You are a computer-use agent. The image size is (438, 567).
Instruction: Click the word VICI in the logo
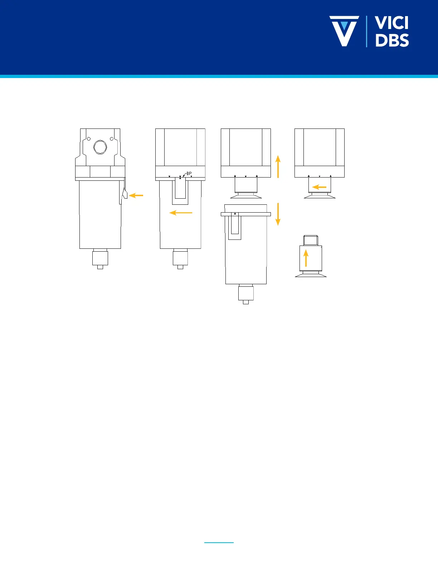(x=392, y=23)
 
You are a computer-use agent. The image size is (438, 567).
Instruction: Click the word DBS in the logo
(x=392, y=40)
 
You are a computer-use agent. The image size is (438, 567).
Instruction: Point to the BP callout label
(x=189, y=174)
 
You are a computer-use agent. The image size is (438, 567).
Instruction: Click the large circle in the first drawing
(x=100, y=147)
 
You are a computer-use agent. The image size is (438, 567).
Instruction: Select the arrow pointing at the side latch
(x=136, y=195)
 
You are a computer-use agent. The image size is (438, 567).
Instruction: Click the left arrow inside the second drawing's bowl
(x=181, y=213)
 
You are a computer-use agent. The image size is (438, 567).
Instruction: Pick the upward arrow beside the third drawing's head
(x=278, y=166)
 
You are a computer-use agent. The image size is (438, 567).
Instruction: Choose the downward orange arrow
(x=278, y=214)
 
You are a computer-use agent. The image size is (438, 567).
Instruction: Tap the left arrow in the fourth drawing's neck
(x=319, y=187)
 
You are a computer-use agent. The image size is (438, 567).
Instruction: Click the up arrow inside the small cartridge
(x=306, y=258)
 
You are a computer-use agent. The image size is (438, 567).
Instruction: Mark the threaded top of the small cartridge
(x=311, y=240)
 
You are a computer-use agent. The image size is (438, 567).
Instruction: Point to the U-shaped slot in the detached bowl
(x=235, y=227)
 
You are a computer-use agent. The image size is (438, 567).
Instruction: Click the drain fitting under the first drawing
(x=100, y=259)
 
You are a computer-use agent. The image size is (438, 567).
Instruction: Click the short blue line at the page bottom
(x=219, y=543)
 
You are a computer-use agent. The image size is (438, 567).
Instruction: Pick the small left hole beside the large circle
(x=89, y=139)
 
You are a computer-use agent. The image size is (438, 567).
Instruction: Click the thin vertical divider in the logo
(x=366, y=31)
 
